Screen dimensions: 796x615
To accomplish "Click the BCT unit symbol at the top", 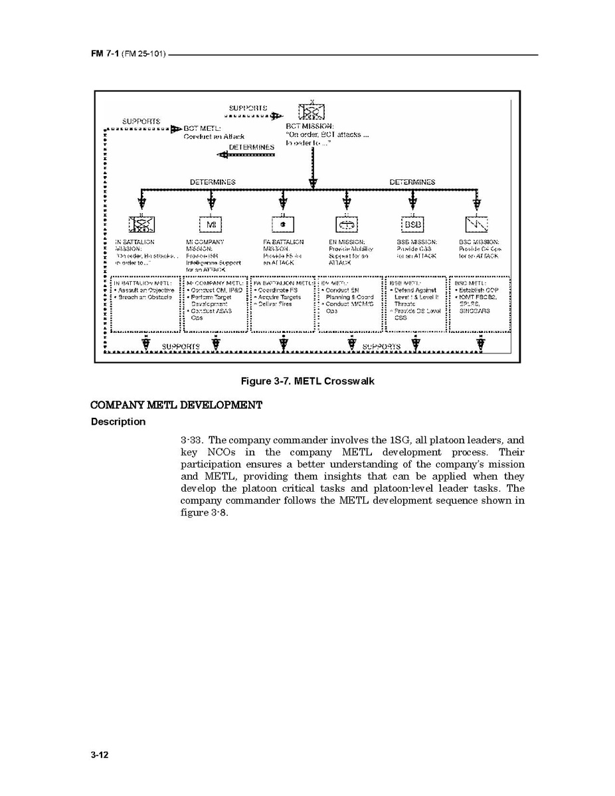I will [311, 112].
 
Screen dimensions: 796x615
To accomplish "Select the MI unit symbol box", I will [211, 224].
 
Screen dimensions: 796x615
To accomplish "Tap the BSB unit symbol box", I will [412, 224].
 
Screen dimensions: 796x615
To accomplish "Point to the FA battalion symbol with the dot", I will [282, 224].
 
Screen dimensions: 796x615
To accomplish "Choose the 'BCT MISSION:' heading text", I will [309, 126].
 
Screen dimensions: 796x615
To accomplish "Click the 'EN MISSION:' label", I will [346, 242].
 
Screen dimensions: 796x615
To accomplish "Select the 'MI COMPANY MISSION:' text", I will [205, 245].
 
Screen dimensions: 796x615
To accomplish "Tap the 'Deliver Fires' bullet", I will [274, 304].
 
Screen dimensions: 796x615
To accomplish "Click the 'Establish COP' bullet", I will [478, 290].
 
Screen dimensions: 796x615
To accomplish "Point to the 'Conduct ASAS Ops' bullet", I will [211, 314].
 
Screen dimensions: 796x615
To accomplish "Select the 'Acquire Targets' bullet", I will [277, 297].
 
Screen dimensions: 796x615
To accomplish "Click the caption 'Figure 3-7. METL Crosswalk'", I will [307, 381].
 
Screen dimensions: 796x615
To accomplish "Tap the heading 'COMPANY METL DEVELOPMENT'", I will [177, 405].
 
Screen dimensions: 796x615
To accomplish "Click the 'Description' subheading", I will [118, 422].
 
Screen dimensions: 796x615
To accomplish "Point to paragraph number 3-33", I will [192, 440].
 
